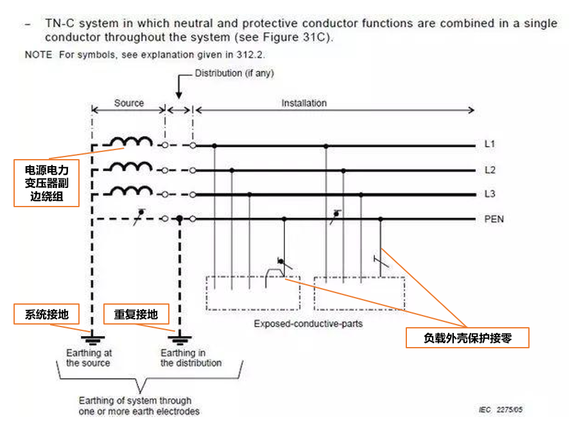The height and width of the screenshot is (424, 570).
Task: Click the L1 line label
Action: (489, 144)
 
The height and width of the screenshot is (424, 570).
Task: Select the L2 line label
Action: (489, 170)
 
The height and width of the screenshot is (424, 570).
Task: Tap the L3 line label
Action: (489, 194)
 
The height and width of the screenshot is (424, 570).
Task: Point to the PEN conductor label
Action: (494, 219)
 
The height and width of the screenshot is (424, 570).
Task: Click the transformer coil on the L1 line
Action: (131, 142)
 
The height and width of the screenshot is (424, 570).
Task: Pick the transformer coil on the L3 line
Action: (131, 191)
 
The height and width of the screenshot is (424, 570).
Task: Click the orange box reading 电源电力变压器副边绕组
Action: (47, 183)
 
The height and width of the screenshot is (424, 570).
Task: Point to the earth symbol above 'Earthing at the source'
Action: (93, 338)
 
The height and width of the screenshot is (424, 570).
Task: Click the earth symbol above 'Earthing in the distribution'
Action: (180, 338)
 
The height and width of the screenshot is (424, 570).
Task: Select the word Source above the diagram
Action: (129, 103)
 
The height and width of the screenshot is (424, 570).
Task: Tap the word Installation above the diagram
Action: (304, 103)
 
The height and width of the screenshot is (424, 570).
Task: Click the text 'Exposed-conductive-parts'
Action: (308, 323)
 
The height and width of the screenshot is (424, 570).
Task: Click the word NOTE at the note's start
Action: (39, 55)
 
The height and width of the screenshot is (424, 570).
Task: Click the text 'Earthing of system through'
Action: (135, 401)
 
